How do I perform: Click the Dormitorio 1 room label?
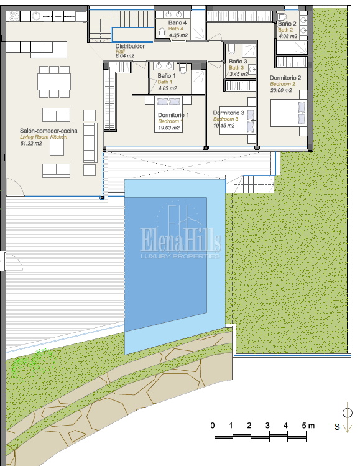tap(173, 115)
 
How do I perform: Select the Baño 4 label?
tap(177, 22)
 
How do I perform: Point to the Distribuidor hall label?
tap(130, 46)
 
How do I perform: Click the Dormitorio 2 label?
tap(285, 78)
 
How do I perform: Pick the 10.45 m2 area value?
tap(224, 126)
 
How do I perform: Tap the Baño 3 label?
tap(238, 62)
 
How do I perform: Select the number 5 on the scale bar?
tap(303, 426)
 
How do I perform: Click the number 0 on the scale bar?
tap(213, 426)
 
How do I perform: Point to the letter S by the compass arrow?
tap(337, 427)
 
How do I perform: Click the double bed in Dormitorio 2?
tap(288, 113)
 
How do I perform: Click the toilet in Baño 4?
tap(162, 33)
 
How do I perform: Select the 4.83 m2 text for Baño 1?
tap(167, 88)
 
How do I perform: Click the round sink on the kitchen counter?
tap(36, 16)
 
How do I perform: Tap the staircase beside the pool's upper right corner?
tap(250, 184)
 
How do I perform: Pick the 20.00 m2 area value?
tap(281, 90)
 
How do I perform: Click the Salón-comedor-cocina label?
tap(48, 131)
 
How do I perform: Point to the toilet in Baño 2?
tap(282, 17)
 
